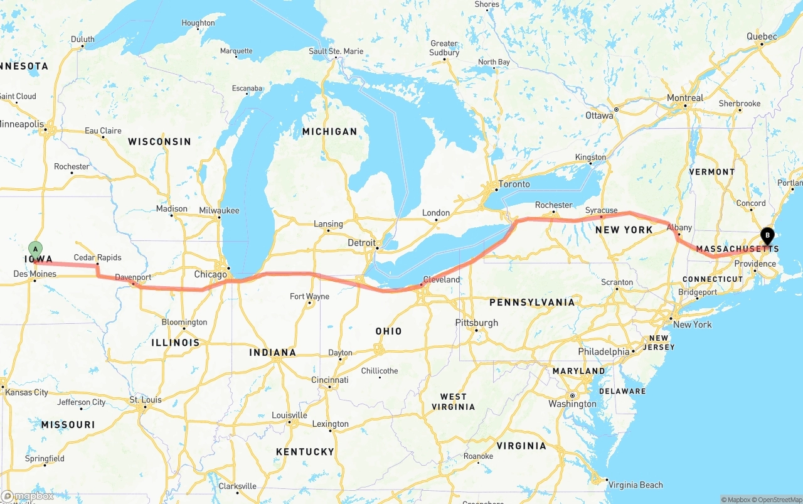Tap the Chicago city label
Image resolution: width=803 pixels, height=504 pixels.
210,275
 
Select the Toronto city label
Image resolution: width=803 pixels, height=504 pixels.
514,185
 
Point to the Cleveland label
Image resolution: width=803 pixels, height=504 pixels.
441,279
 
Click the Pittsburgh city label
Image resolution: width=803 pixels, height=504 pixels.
476,323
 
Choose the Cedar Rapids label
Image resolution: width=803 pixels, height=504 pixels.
97,257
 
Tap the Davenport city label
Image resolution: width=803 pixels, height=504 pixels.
133,277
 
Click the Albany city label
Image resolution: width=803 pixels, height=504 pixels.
679,227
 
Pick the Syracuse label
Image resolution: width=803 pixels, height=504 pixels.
601,210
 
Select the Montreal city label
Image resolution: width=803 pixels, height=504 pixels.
685,98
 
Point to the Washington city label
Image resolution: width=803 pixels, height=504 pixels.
572,404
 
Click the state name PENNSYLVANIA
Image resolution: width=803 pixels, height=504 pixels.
532,303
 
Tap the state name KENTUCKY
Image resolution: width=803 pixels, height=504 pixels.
305,451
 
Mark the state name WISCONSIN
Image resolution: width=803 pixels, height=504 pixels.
159,141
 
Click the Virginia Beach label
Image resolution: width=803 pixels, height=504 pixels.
635,485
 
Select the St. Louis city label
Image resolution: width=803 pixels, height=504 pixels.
146,400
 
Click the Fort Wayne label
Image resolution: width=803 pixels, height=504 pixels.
309,296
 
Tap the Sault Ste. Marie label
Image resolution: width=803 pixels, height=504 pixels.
336,51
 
